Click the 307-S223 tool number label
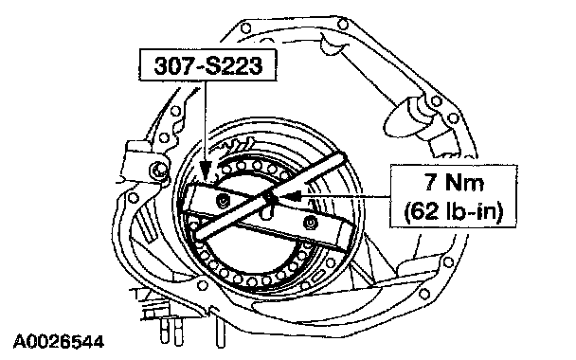tap(207, 65)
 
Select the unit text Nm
tap(464, 182)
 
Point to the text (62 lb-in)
tap(453, 212)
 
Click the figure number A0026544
tap(59, 342)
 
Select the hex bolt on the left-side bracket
tap(157, 170)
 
